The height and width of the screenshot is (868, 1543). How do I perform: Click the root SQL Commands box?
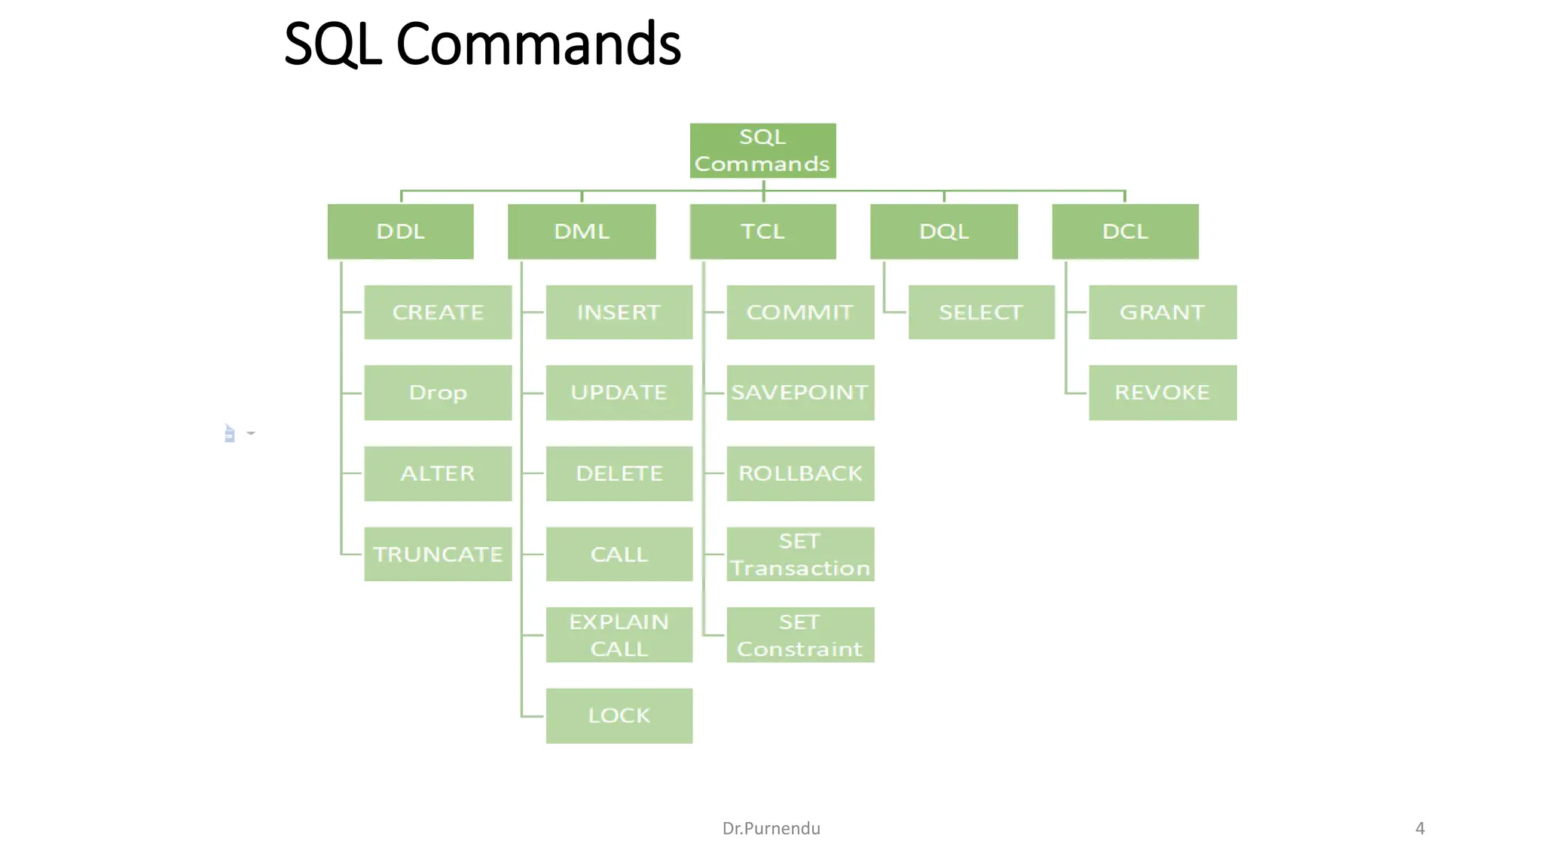tap(762, 151)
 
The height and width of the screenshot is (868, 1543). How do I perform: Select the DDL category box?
tap(401, 231)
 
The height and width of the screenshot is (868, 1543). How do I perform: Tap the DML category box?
tap(582, 231)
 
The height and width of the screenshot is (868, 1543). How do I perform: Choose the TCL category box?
tap(762, 231)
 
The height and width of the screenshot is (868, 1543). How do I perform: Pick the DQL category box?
tap(944, 231)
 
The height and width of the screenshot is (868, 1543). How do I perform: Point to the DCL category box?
tap(1125, 231)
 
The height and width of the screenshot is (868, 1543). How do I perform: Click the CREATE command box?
tap(438, 312)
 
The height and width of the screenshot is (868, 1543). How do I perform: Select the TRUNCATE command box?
tap(438, 554)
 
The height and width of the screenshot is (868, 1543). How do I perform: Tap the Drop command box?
tap(438, 393)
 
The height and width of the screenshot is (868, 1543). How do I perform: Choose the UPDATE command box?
tap(619, 393)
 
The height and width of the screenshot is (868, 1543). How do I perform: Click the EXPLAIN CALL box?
tap(619, 635)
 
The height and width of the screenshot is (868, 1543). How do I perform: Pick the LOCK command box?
tap(619, 716)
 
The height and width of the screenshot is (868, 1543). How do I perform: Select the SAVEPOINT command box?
tap(800, 393)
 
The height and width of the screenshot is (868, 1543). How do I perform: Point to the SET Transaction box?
tap(800, 554)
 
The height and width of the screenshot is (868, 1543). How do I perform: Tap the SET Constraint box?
tap(800, 635)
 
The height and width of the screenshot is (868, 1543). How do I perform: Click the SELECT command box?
tap(981, 312)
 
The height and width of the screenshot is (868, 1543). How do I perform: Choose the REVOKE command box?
tap(1163, 393)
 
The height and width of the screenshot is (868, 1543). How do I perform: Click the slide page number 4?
tap(1420, 829)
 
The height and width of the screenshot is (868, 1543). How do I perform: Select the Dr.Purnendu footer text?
tap(771, 829)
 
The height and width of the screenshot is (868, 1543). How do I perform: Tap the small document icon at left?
tap(230, 434)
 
